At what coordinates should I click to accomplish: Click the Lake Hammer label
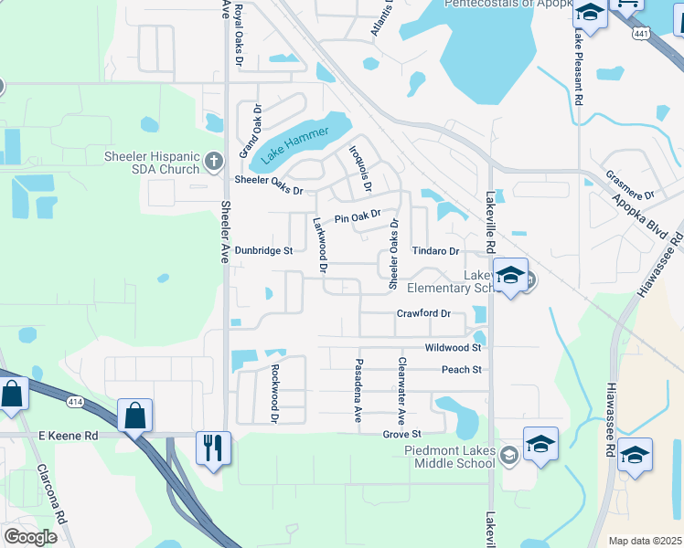point(294,144)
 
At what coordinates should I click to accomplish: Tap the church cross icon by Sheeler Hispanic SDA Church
point(214,163)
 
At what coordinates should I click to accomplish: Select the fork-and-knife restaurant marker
point(213,448)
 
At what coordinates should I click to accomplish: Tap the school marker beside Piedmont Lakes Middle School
point(540,445)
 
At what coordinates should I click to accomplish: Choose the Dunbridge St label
point(263,249)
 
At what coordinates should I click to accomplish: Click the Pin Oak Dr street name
point(357,217)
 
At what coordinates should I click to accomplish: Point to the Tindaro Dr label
point(434,250)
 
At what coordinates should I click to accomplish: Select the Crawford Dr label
point(424,313)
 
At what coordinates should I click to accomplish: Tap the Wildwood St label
point(453,348)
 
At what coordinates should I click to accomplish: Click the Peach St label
point(461,370)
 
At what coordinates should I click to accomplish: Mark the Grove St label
point(401,434)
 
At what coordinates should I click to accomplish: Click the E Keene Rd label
point(68,437)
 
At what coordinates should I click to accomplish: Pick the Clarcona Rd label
point(49,493)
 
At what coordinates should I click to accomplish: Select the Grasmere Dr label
point(631,184)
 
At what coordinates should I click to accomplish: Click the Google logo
point(30,537)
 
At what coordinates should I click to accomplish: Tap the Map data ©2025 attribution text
point(644,541)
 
